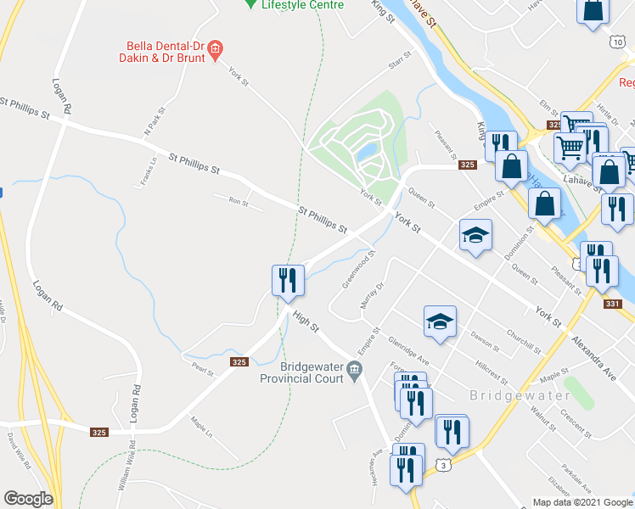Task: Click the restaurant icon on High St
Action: [x=287, y=279]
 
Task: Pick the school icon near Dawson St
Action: [x=440, y=322]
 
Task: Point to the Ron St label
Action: [x=238, y=201]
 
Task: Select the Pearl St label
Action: [x=202, y=369]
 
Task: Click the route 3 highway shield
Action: [x=441, y=464]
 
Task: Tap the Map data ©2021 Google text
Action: [x=582, y=502]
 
